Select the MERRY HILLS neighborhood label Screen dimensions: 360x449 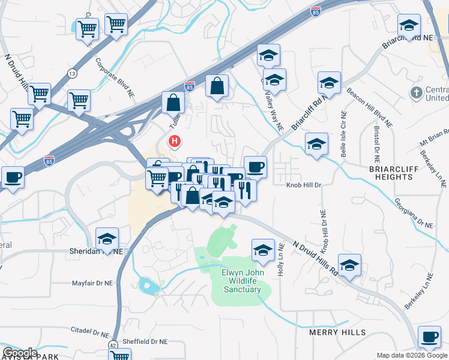click(x=337, y=332)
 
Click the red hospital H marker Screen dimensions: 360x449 click(x=175, y=142)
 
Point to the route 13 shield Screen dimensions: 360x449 click(x=73, y=73)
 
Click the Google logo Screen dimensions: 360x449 click(x=20, y=353)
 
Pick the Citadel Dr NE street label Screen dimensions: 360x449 click(x=90, y=332)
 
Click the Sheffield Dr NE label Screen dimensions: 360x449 click(x=145, y=341)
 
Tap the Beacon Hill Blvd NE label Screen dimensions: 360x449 click(x=369, y=107)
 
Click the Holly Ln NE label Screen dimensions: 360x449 click(x=281, y=263)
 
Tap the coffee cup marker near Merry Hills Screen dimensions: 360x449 click(x=429, y=337)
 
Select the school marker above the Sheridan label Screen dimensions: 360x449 click(x=107, y=239)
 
